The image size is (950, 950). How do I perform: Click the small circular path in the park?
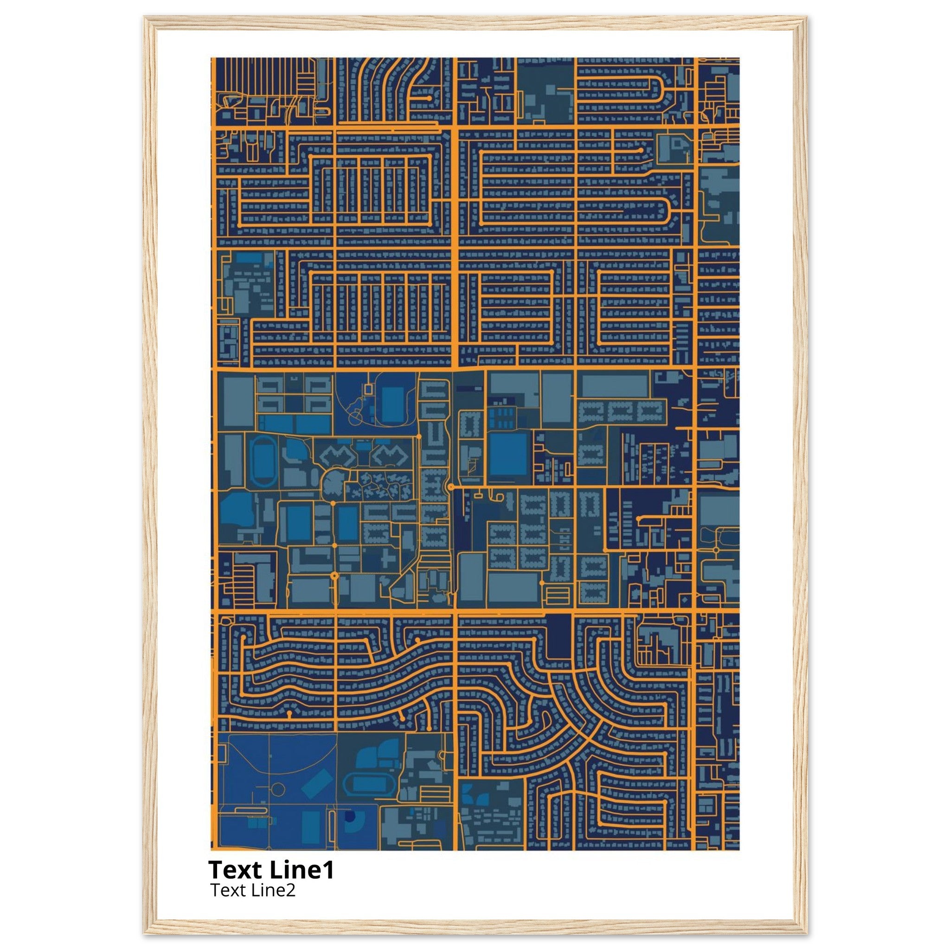click(278, 790)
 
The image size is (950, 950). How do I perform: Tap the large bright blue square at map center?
click(508, 454)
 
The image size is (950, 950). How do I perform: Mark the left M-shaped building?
click(338, 456)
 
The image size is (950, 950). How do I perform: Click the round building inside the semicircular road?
click(333, 486)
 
